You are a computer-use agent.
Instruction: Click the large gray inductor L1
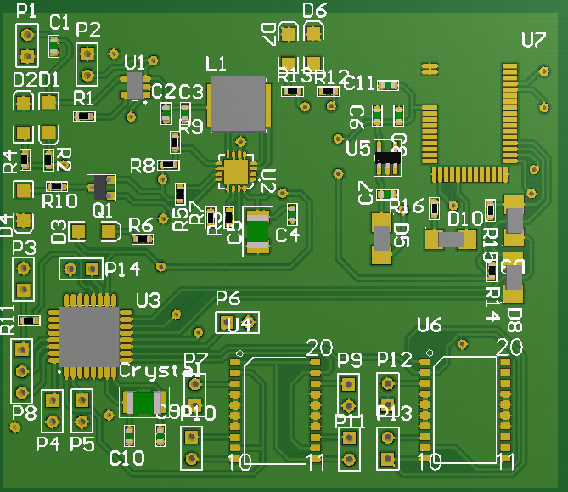pos(239,105)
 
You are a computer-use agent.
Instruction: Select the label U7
pos(534,40)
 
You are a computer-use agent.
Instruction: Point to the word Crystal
pos(160,371)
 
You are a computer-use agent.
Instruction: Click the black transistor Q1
pos(102,187)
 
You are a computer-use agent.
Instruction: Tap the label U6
pos(430,325)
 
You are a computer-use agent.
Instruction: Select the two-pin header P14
pos(81,269)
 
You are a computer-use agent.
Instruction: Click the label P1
pos(26,11)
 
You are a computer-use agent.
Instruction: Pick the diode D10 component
pos(451,240)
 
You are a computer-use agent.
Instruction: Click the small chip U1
pos(134,84)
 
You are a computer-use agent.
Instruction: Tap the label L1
pos(217,64)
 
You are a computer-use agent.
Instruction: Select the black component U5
pos(388,156)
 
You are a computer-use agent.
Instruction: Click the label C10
pos(127,459)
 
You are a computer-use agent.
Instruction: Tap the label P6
pos(228,297)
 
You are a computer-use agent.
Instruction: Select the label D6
pos(314,11)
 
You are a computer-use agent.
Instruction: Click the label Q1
pos(102,209)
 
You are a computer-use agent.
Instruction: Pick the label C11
pos(359,82)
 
